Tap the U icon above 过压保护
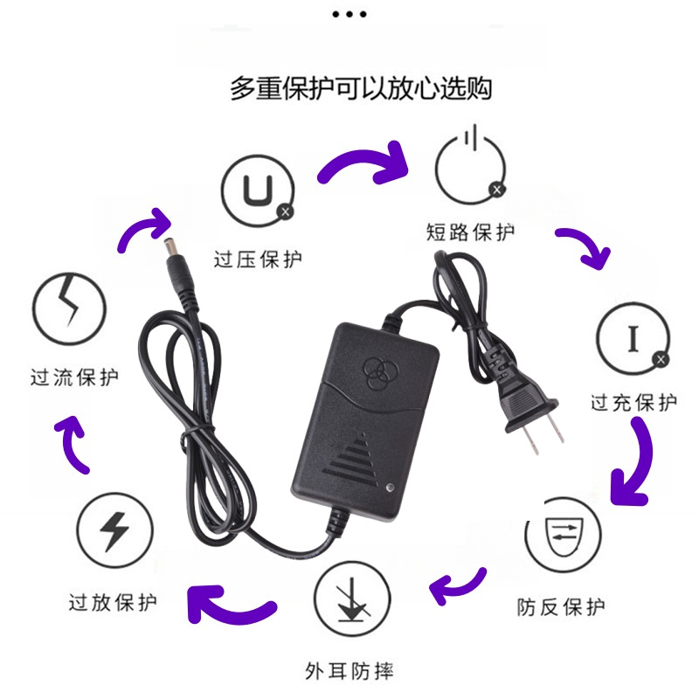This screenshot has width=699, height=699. (x=257, y=189)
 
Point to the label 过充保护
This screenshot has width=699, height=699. (x=633, y=404)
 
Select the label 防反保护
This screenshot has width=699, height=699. (x=561, y=606)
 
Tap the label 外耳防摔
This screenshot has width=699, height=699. (x=349, y=671)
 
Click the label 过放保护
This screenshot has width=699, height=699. (x=114, y=602)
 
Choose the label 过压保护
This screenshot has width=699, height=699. (x=258, y=260)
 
